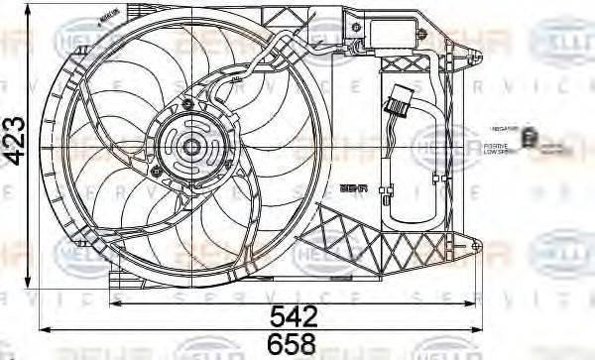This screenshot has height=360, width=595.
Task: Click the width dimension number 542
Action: coord(295,316)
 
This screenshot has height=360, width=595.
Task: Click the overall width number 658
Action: coord(295,343)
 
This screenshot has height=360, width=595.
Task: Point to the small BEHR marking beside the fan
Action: coord(353,185)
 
